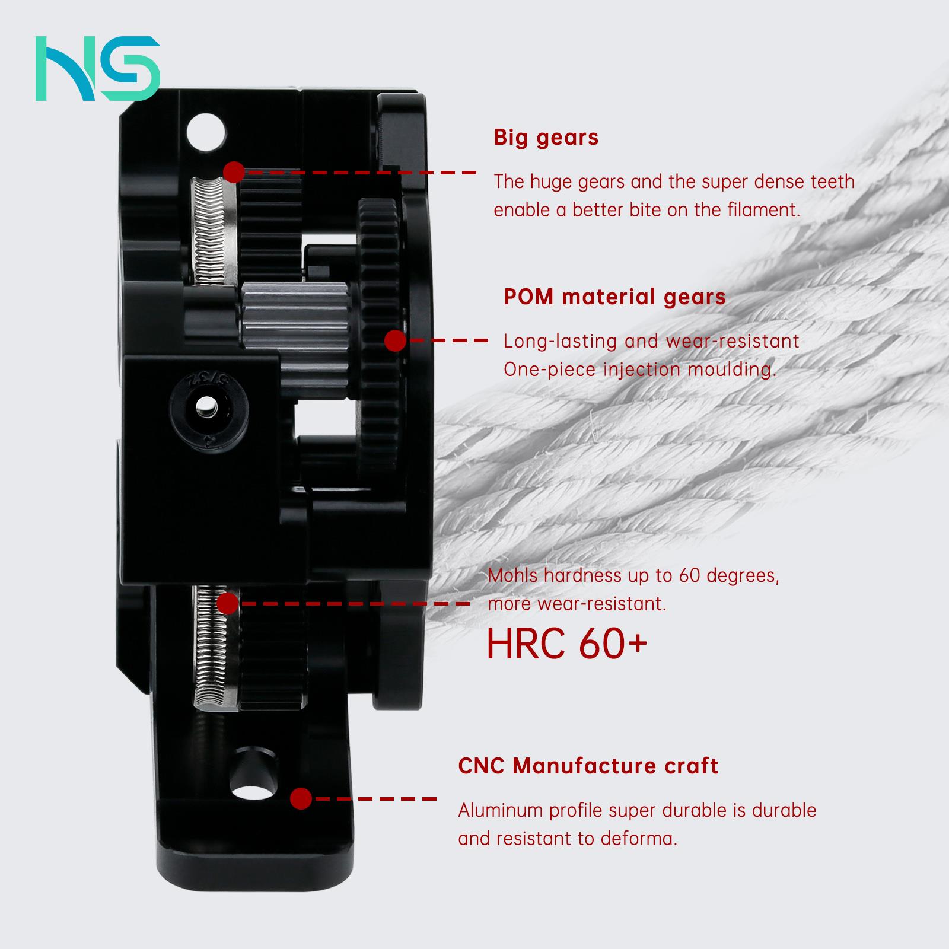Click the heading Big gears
pyautogui.click(x=546, y=138)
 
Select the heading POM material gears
pyautogui.click(x=614, y=297)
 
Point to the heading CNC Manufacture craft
pyautogui.click(x=588, y=766)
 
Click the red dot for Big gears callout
pyautogui.click(x=234, y=173)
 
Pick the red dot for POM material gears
pyautogui.click(x=395, y=341)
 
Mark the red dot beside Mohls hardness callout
pyautogui.click(x=227, y=604)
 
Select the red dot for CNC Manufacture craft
pyautogui.click(x=301, y=798)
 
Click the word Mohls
pyautogui.click(x=512, y=575)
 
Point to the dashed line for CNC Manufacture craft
pyautogui.click(x=375, y=798)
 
